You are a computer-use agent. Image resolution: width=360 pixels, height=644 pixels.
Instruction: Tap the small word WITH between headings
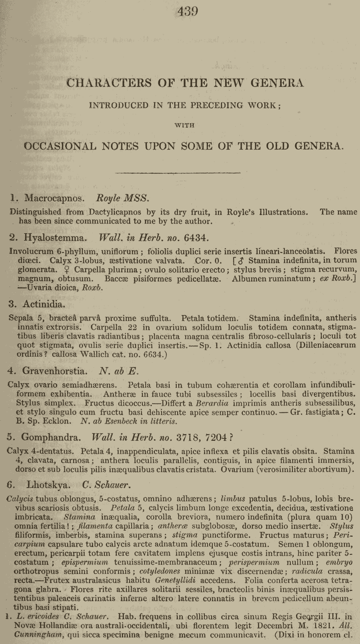point(184,125)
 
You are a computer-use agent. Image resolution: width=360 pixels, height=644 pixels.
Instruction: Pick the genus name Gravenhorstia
point(54,371)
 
